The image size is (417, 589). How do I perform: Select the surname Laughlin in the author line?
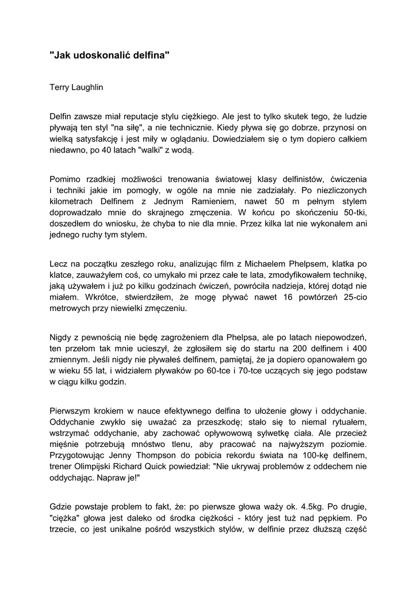[x=87, y=87]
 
